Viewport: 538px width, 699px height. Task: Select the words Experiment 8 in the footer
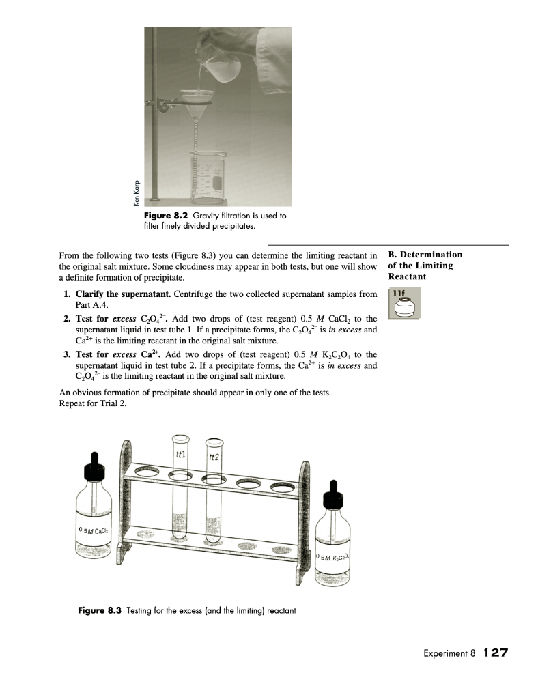(x=442, y=653)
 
